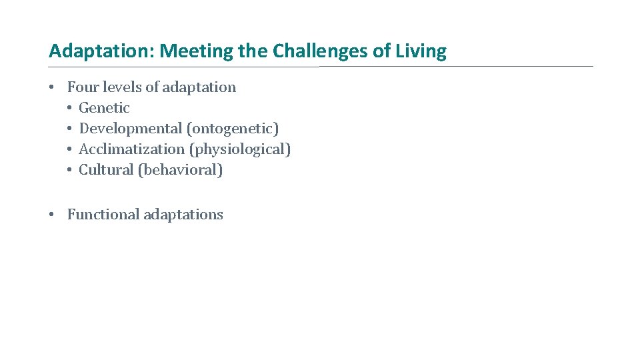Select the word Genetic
[x=104, y=108]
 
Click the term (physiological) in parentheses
[x=240, y=149]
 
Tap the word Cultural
[x=106, y=170]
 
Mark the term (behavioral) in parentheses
[x=180, y=170]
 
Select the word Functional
[x=103, y=215]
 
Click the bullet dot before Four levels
[x=52, y=88]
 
